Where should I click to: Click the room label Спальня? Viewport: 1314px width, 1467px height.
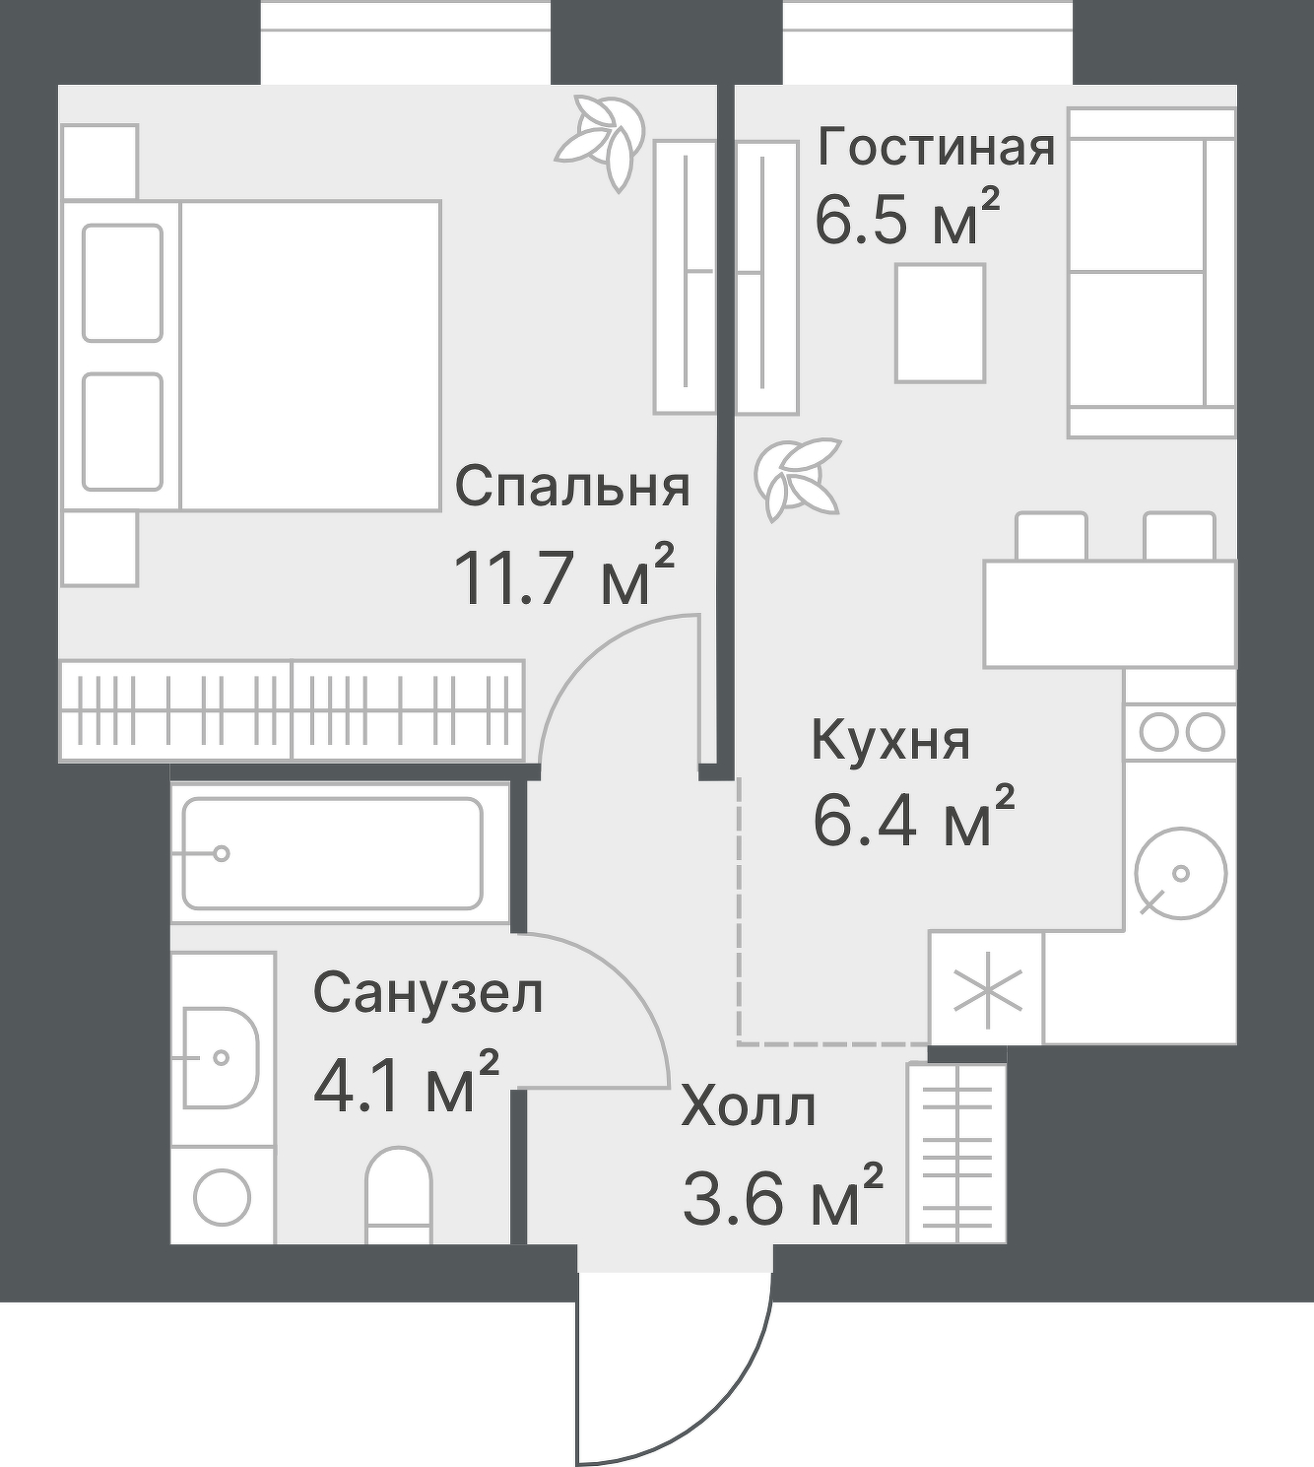[x=571, y=487]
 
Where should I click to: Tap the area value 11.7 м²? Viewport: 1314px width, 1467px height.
[x=563, y=576]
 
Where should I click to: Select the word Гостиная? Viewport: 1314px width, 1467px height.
[x=936, y=148]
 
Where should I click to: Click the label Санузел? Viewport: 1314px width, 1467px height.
[x=427, y=993]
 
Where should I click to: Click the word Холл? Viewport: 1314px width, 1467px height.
[x=749, y=1107]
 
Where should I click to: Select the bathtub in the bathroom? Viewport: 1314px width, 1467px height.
[x=333, y=853]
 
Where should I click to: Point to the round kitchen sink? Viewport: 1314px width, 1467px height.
[x=1180, y=873]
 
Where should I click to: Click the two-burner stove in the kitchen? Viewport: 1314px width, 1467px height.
[x=1180, y=732]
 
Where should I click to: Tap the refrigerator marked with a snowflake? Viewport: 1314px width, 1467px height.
[x=986, y=989]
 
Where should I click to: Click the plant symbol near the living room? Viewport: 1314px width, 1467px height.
[x=797, y=477]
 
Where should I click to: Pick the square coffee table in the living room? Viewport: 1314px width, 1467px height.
[x=940, y=323]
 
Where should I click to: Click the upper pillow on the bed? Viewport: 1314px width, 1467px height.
[x=122, y=283]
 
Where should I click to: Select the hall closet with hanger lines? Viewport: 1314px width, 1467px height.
[x=956, y=1153]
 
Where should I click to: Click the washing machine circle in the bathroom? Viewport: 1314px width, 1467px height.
[x=222, y=1196]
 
